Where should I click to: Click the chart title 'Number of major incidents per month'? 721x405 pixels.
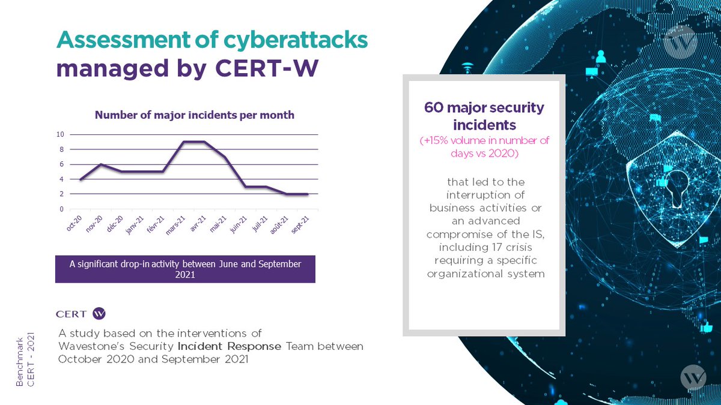[195, 115]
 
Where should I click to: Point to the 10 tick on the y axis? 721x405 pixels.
[61, 134]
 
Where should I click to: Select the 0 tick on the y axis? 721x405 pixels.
[62, 209]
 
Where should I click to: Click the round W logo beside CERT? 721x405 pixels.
[100, 313]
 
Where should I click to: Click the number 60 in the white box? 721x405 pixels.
[434, 109]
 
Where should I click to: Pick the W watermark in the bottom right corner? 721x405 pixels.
[694, 378]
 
